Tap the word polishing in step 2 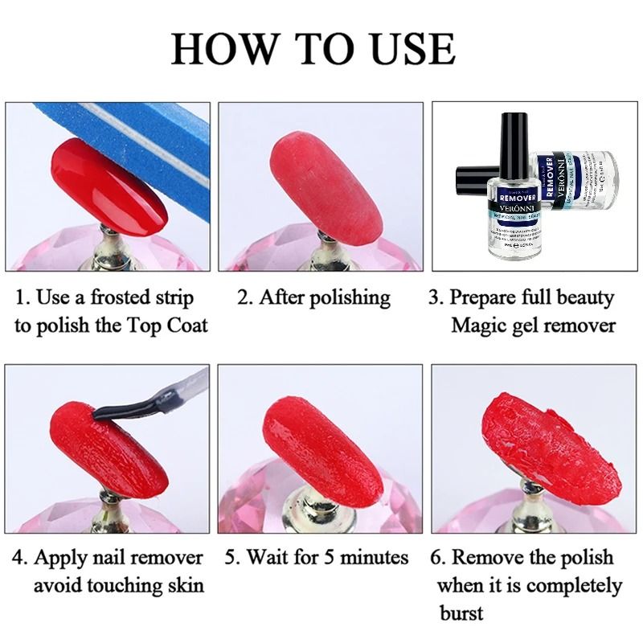346,298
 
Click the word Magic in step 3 477,325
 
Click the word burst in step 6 461,612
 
